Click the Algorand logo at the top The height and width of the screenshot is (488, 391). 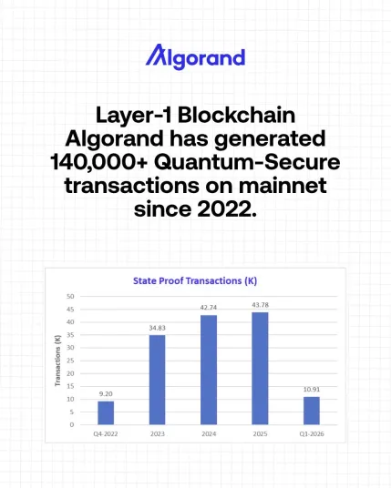click(x=195, y=57)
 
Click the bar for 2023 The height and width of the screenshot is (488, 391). click(x=158, y=380)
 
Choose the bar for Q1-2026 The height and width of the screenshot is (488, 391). click(x=312, y=411)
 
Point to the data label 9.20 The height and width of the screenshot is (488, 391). click(x=106, y=393)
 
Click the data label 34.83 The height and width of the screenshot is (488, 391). click(x=158, y=328)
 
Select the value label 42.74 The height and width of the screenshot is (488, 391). click(x=209, y=308)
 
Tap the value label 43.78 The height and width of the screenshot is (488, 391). click(x=261, y=305)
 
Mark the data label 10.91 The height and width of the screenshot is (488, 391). click(x=312, y=390)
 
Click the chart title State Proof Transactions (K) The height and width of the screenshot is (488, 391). click(x=195, y=281)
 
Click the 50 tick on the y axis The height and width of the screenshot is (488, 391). click(x=71, y=297)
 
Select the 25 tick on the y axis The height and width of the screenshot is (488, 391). click(x=71, y=361)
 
